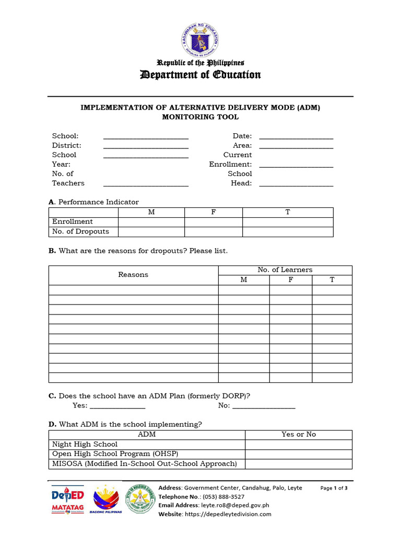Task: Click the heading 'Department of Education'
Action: pyautogui.click(x=200, y=75)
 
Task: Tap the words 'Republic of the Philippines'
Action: pyautogui.click(x=200, y=63)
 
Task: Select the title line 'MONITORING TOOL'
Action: pyautogui.click(x=200, y=117)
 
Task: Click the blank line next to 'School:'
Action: pyautogui.click(x=146, y=137)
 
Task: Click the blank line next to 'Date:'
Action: pyautogui.click(x=296, y=137)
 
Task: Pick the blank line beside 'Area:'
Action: pyautogui.click(x=296, y=146)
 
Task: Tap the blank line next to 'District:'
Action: pyautogui.click(x=146, y=146)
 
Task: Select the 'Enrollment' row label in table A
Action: pyautogui.click(x=73, y=222)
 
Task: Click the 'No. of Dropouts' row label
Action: pyautogui.click(x=77, y=231)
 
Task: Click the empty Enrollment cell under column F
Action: pyautogui.click(x=213, y=222)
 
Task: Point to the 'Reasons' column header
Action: pyautogui.click(x=133, y=275)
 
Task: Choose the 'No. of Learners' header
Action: pyautogui.click(x=285, y=270)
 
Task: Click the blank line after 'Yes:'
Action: pyautogui.click(x=117, y=406)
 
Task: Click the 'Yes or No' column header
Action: pyautogui.click(x=298, y=435)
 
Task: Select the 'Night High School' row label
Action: pyautogui.click(x=85, y=445)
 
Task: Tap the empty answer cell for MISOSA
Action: pyautogui.click(x=298, y=464)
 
